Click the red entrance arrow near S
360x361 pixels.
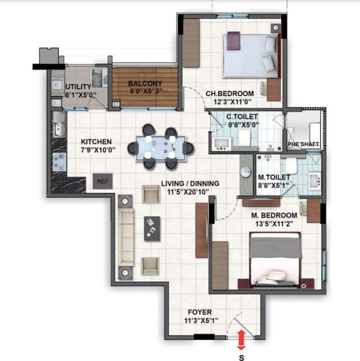click(241, 340)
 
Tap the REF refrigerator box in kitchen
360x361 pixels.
click(102, 181)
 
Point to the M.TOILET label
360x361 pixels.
click(271, 177)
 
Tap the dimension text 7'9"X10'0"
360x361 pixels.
click(97, 150)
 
